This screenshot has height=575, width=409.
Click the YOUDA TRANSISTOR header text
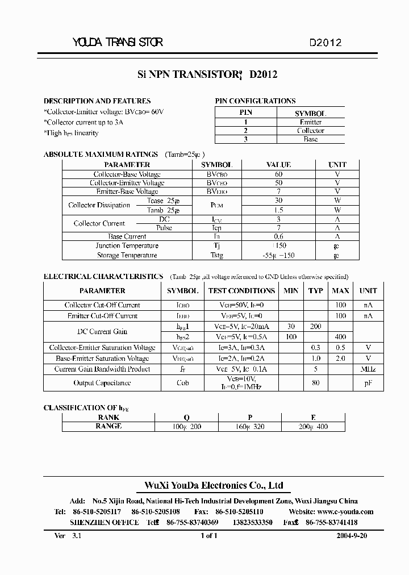118,43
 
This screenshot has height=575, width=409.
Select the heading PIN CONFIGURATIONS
255,101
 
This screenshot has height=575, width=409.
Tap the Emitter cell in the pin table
310,122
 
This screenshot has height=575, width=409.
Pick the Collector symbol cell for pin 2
310,131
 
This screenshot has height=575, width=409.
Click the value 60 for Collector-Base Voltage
278,174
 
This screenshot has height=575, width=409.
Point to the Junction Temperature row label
127,246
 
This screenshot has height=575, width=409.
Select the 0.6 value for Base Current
278,236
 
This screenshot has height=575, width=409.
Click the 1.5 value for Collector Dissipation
278,210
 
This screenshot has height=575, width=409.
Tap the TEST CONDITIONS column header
241,290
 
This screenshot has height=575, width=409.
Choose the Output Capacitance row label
102,383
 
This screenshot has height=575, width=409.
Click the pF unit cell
368,383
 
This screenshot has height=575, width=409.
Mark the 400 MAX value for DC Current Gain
340,337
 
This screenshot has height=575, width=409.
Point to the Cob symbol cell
182,383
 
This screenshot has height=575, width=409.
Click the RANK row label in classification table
108,417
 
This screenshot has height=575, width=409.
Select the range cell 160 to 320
250,427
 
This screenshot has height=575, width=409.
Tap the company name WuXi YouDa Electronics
211,486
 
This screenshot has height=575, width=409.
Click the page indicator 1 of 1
208,535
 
